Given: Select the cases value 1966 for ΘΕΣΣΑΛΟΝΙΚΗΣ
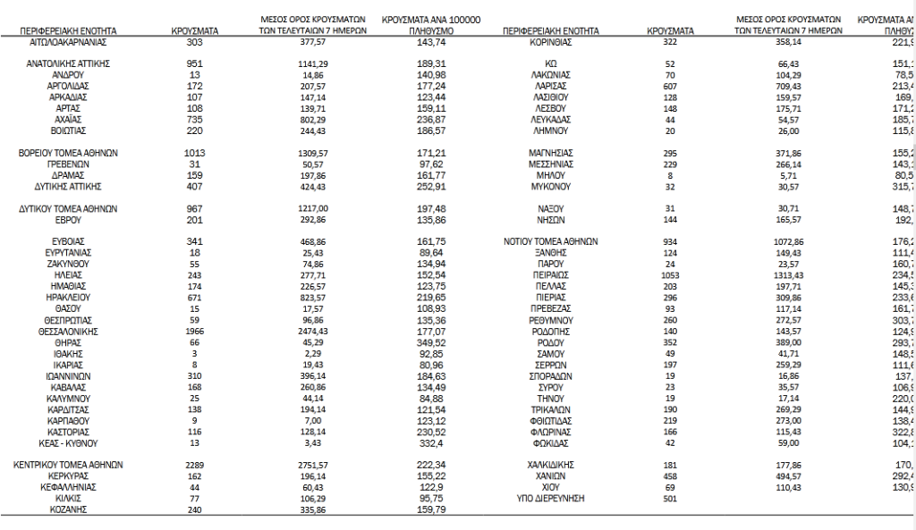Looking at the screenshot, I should coord(194,331).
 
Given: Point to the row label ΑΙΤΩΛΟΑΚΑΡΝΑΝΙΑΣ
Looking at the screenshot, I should coord(74,42).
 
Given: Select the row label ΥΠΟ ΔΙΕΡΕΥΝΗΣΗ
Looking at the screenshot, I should coord(550,499).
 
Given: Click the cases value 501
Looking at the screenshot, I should coord(670,499).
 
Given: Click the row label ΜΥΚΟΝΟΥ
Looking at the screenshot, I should coord(550,187).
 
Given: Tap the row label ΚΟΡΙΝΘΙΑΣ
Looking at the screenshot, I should coord(550,42).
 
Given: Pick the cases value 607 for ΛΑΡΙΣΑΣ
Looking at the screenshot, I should coord(670,86).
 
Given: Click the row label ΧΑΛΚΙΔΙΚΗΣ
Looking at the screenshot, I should coord(550,465).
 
